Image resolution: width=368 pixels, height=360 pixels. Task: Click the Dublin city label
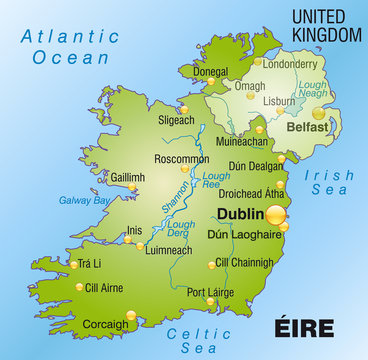[x=240, y=215]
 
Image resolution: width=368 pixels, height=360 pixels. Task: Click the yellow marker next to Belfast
[x=318, y=113]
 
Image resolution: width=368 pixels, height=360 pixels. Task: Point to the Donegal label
[x=211, y=72]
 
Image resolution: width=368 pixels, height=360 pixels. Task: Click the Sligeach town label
[x=176, y=120]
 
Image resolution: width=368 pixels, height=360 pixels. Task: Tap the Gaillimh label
[x=128, y=177]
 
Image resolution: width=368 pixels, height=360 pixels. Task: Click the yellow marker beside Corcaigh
[x=130, y=316]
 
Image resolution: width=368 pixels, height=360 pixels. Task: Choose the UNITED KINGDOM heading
[x=325, y=25]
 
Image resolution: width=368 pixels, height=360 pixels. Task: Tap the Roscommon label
[x=182, y=158]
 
